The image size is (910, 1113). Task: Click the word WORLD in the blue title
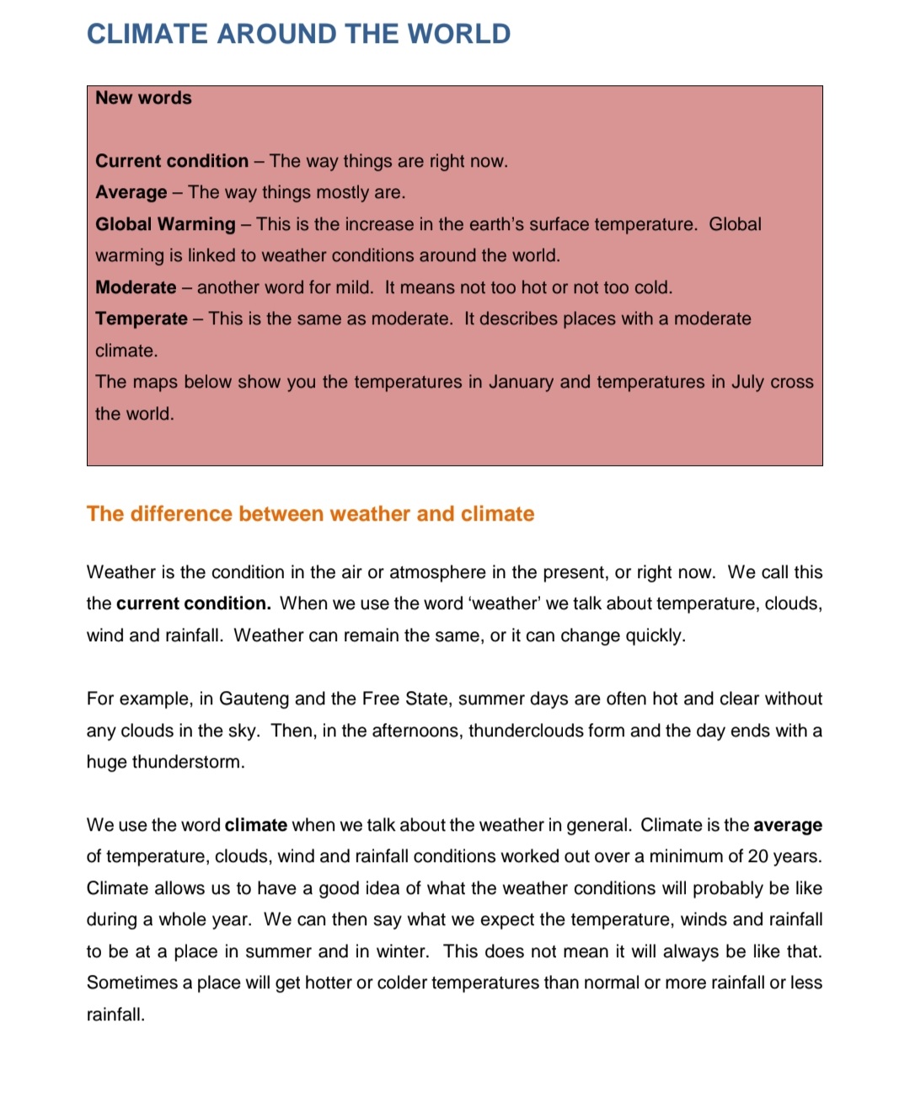pos(459,34)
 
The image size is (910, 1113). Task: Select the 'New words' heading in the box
pos(143,98)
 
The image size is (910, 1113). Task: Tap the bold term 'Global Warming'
pos(165,224)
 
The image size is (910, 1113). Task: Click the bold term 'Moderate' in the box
pos(136,287)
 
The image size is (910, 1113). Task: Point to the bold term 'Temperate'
pos(142,318)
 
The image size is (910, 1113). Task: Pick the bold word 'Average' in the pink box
pos(131,192)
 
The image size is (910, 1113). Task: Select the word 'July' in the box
pos(747,382)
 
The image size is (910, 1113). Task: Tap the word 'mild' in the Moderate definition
pos(353,287)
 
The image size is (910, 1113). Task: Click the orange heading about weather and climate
pos(310,514)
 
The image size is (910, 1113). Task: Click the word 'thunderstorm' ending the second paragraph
pos(188,762)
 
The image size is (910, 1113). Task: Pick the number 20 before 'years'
pos(757,856)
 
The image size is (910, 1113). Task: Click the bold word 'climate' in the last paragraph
pos(256,825)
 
